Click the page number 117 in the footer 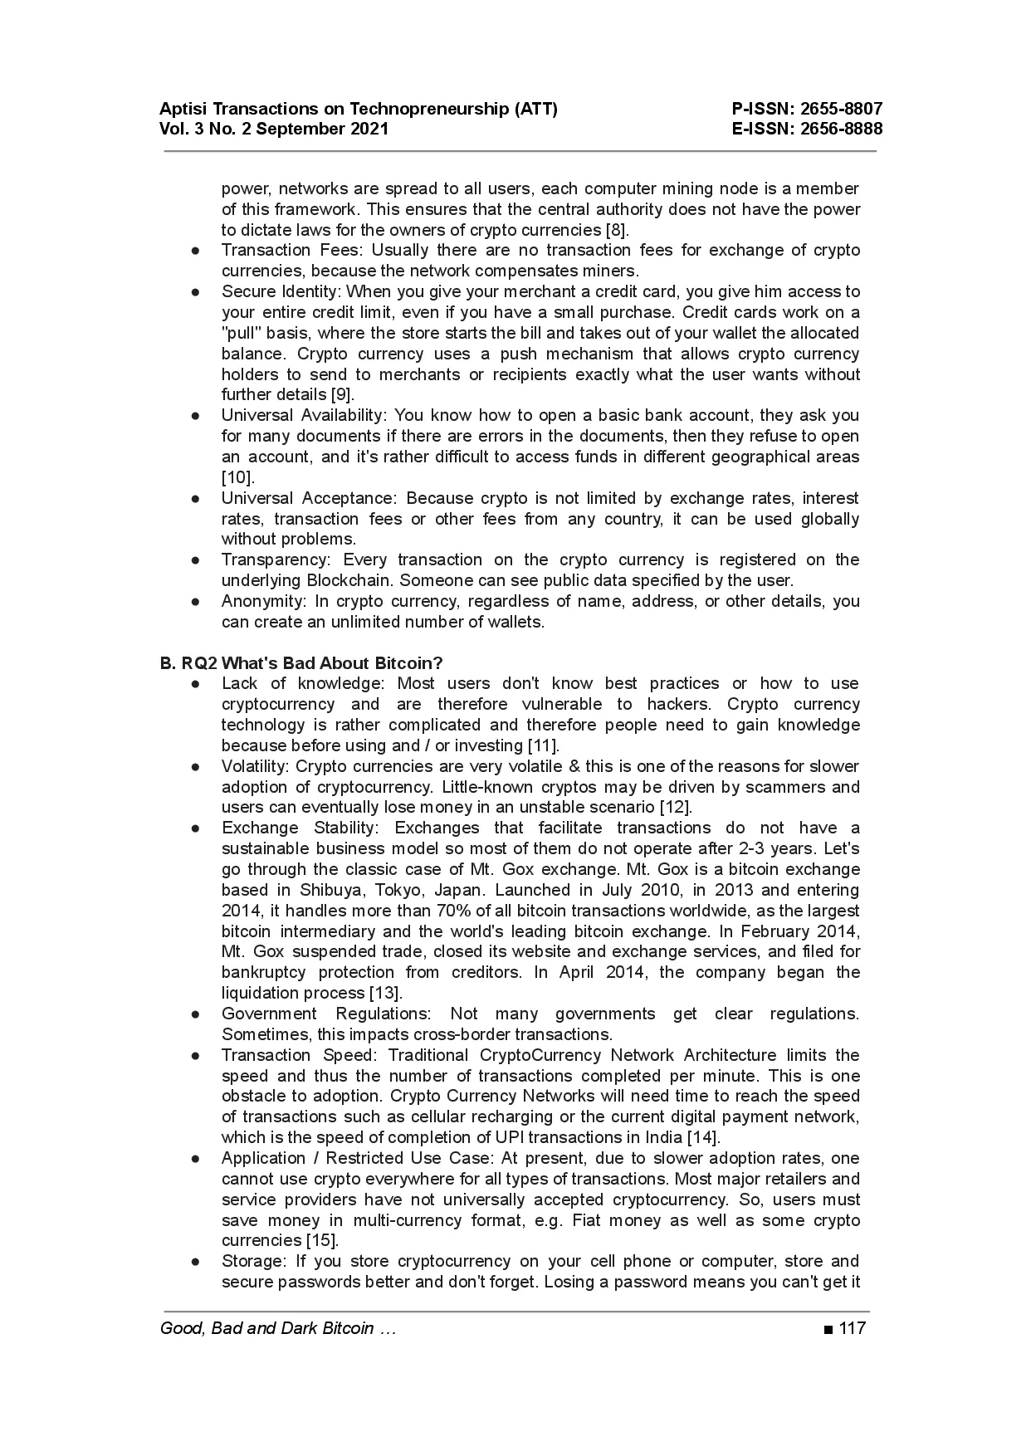[x=852, y=1328]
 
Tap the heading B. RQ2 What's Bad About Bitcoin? [x=301, y=662]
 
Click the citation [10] [x=237, y=477]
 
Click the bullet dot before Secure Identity [x=195, y=292]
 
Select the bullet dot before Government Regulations [x=195, y=1014]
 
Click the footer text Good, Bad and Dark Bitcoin [x=266, y=1328]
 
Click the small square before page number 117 [x=828, y=1329]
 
